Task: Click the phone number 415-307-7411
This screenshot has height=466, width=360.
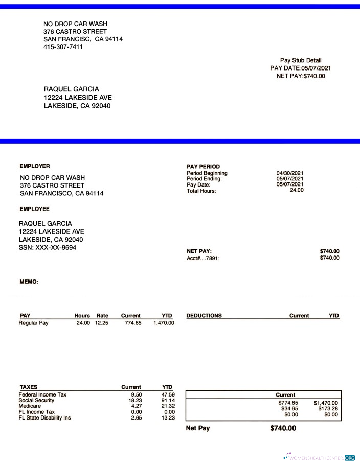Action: (x=63, y=47)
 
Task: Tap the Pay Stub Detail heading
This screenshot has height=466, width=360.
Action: (x=301, y=60)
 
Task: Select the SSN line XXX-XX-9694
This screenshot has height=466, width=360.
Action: (x=48, y=248)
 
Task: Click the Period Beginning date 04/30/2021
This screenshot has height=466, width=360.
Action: (x=290, y=173)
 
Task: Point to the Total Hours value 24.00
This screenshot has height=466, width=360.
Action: (x=297, y=190)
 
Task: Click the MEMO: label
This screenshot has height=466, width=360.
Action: (x=29, y=282)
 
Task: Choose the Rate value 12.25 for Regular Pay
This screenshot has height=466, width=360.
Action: (x=101, y=323)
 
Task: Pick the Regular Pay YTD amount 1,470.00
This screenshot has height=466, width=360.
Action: (x=164, y=323)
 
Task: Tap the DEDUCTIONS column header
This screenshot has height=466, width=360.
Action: (x=204, y=316)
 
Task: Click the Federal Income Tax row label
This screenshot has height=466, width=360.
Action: (x=42, y=394)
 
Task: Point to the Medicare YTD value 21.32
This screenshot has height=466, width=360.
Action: (x=168, y=406)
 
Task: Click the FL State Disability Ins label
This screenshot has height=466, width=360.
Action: (x=44, y=418)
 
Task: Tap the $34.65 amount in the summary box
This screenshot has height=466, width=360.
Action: (x=289, y=409)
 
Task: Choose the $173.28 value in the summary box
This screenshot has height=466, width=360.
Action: (x=326, y=409)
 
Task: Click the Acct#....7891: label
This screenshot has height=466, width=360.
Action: (x=203, y=258)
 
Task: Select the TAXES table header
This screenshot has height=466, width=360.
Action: (x=28, y=387)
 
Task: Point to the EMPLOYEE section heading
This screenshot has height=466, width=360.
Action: (x=34, y=209)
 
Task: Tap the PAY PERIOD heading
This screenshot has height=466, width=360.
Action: (x=204, y=167)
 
